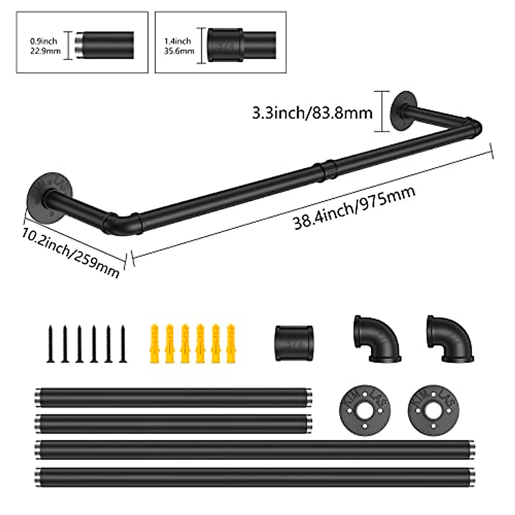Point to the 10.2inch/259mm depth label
(x=71, y=251)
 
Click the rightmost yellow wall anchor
(x=230, y=344)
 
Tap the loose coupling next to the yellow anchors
(x=294, y=344)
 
